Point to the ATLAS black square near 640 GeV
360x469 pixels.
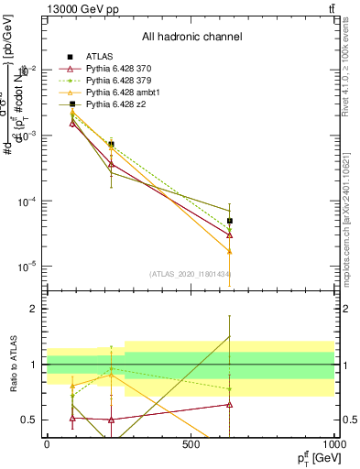coord(230,221)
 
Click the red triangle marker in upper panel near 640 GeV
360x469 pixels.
coord(230,235)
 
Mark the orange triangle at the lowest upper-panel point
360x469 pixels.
coord(230,251)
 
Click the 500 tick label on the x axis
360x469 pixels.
coord(191,444)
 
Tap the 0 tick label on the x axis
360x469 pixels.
coord(47,444)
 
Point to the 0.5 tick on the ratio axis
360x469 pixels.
coord(31,420)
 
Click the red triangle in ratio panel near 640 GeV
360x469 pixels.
coord(230,404)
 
